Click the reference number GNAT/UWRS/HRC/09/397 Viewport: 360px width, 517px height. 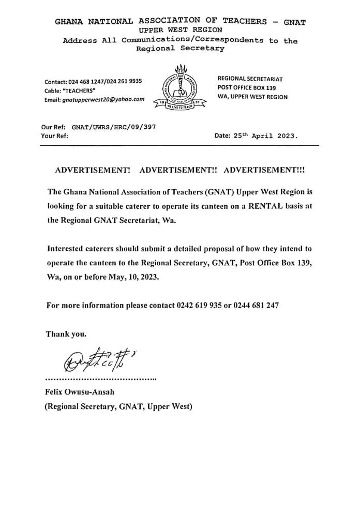(x=114, y=127)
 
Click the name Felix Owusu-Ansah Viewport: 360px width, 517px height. (x=76, y=392)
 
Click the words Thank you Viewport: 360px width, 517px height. (x=66, y=334)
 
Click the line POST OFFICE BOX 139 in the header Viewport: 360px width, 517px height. (x=247, y=87)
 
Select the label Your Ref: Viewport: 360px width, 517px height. (x=54, y=136)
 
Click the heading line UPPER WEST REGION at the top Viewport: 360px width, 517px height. (x=179, y=31)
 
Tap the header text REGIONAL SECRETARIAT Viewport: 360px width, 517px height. (x=250, y=79)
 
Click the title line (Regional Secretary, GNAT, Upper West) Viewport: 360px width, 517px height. (x=118, y=406)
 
